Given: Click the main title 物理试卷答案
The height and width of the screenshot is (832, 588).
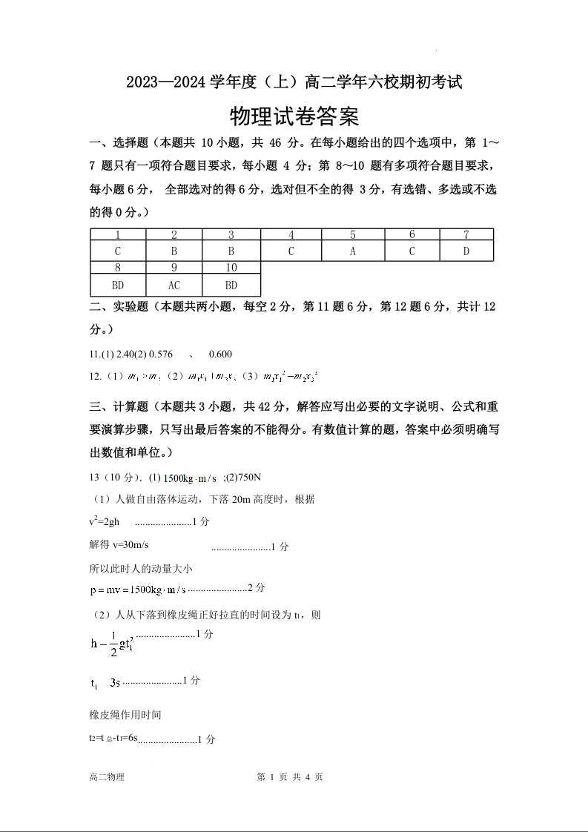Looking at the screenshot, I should coord(294,117).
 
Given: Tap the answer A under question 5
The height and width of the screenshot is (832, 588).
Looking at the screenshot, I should coord(353,251).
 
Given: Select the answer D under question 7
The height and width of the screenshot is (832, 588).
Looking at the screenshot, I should coord(466,251).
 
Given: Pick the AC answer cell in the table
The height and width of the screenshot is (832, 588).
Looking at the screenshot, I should coord(174,285).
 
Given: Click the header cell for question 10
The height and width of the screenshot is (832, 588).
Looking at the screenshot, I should coord(231,268).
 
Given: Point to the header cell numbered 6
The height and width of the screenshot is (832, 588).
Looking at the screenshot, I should coord(412,235).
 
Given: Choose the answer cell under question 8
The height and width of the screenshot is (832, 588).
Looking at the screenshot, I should coord(118,285).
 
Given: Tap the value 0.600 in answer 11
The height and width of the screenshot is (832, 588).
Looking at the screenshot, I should coord(221,354).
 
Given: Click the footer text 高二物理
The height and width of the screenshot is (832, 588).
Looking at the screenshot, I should coord(106,777).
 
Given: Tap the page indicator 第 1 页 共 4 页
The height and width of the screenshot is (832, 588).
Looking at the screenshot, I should coord(289,777).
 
